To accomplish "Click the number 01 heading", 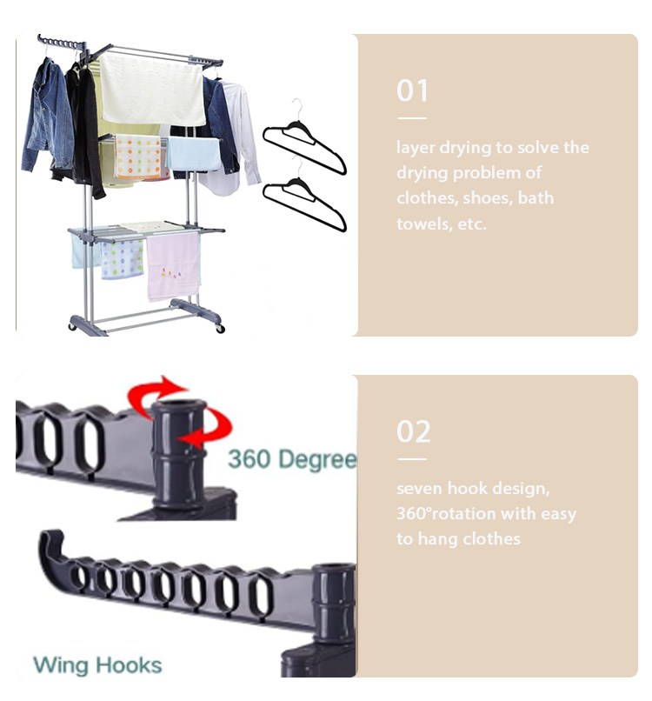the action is pyautogui.click(x=411, y=90).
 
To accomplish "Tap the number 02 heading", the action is pyautogui.click(x=413, y=431).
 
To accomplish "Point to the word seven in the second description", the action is pyautogui.click(x=420, y=488).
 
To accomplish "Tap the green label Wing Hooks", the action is pyautogui.click(x=97, y=665).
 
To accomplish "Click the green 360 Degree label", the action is pyautogui.click(x=292, y=459).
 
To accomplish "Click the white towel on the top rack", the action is pyautogui.click(x=152, y=90).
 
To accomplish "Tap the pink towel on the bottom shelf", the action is pyautogui.click(x=173, y=266).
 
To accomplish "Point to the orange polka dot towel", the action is pyautogui.click(x=137, y=157).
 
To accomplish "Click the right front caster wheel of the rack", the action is pyautogui.click(x=219, y=329).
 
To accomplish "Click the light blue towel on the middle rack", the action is pyautogui.click(x=194, y=154).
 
